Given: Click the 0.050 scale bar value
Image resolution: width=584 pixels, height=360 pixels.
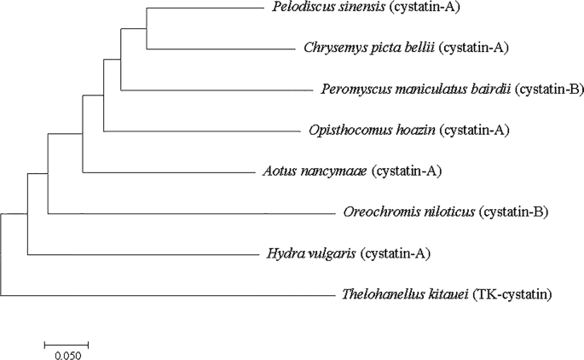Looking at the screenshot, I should [66, 354].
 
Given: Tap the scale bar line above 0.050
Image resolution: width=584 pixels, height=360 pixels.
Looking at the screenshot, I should [66, 344].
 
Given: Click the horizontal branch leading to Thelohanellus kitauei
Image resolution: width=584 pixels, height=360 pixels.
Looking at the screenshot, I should [171, 295].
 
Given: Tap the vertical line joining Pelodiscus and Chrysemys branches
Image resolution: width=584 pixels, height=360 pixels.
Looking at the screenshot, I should [147, 29].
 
